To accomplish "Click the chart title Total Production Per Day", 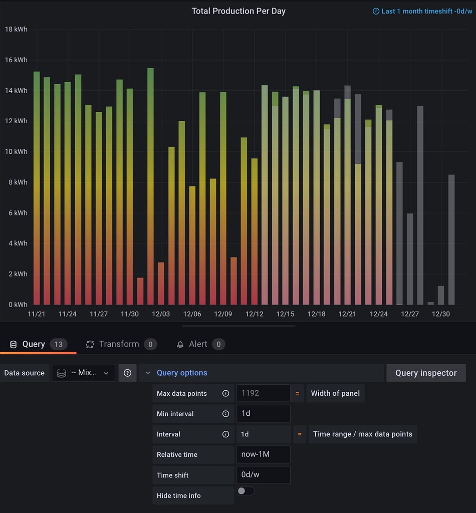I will click(239, 11).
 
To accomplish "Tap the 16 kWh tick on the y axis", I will click(16, 60).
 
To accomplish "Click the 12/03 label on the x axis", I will click(161, 314).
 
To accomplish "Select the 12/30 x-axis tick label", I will click(441, 314).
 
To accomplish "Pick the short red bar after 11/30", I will click(140, 292).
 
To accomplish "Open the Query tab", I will click(34, 344).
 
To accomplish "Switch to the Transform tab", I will click(119, 344).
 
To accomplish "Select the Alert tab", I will click(198, 344).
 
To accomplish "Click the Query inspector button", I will click(426, 373).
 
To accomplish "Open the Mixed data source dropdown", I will click(84, 373).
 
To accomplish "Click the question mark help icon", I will click(127, 373).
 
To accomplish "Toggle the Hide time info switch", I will click(246, 491).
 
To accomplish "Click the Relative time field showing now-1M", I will click(263, 454).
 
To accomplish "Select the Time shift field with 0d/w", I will click(263, 475).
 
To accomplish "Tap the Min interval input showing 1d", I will click(263, 414).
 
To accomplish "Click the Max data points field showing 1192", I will click(263, 393).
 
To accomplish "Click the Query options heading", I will click(182, 373).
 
